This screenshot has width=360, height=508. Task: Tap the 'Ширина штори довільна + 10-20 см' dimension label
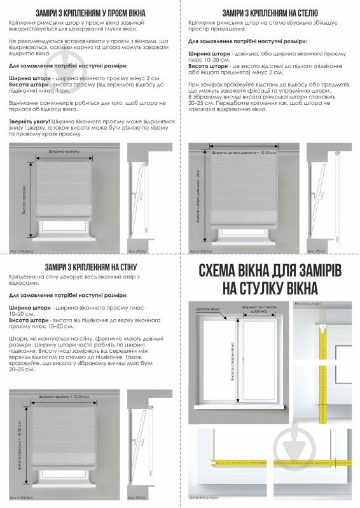pyautogui.click(x=244, y=153)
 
